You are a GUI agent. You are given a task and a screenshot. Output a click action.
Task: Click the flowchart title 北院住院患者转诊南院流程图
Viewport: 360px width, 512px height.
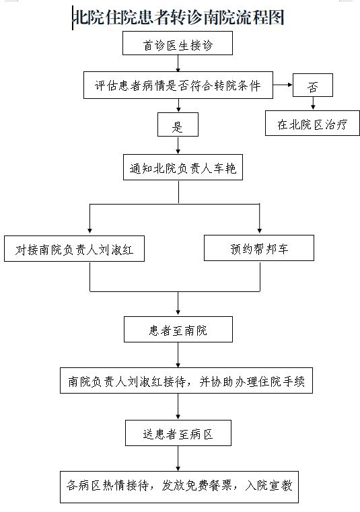pyautogui.click(x=179, y=17)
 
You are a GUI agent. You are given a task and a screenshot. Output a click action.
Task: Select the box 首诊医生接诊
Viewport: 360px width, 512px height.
pyautogui.click(x=178, y=43)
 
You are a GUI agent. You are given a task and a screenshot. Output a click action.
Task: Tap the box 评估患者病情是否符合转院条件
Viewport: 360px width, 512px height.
pyautogui.click(x=178, y=85)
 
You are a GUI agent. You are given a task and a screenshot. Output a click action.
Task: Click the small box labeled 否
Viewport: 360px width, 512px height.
pyautogui.click(x=313, y=85)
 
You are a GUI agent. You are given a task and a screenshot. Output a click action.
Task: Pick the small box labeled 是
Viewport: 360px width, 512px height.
pyautogui.click(x=178, y=124)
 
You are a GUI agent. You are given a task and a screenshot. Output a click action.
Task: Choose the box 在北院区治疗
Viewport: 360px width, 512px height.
pyautogui.click(x=312, y=123)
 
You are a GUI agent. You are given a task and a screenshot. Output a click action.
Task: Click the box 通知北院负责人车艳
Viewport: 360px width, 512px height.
pyautogui.click(x=183, y=167)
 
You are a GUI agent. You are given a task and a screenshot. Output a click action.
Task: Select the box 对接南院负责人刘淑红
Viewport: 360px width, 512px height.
pyautogui.click(x=74, y=248)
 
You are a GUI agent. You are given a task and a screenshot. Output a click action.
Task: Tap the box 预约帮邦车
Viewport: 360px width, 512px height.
pyautogui.click(x=259, y=248)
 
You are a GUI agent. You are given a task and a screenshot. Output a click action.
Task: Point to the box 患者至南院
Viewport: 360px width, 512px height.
pyautogui.click(x=178, y=329)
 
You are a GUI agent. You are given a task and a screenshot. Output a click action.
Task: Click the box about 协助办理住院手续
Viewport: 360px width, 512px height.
pyautogui.click(x=186, y=380)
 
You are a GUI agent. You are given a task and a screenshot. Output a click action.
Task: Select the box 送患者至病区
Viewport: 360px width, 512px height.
pyautogui.click(x=178, y=433)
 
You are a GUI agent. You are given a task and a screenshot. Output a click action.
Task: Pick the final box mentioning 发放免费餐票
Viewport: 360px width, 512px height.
pyautogui.click(x=179, y=487)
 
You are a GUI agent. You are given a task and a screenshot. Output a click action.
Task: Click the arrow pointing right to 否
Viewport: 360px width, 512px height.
pyautogui.click(x=283, y=85)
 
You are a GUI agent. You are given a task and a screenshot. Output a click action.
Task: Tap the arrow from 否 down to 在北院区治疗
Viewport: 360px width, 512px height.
pyautogui.click(x=313, y=104)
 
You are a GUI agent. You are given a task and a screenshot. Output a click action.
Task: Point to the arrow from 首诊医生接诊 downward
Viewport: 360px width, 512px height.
pyautogui.click(x=178, y=63)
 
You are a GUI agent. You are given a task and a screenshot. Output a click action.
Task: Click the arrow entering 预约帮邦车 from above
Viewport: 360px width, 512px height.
pyautogui.click(x=260, y=218)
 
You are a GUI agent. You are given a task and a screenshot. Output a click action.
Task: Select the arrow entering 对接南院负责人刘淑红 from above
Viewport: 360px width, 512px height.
pyautogui.click(x=90, y=219)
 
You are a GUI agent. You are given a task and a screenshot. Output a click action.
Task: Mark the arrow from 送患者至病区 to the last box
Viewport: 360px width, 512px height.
pyautogui.click(x=178, y=458)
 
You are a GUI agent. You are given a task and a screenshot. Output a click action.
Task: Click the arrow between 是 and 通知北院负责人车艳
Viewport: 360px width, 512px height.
pyautogui.click(x=178, y=145)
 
